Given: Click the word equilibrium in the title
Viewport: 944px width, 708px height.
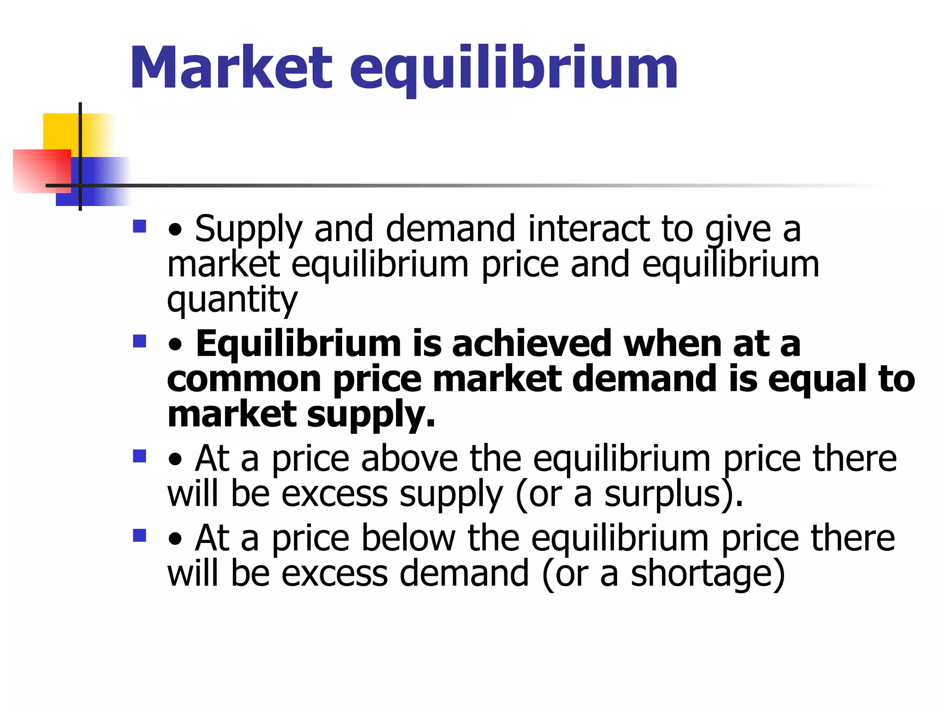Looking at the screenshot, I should tap(513, 69).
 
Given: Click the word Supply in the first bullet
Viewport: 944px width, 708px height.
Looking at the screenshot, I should tap(248, 230).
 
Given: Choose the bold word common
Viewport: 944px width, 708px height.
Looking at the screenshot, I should tap(244, 379).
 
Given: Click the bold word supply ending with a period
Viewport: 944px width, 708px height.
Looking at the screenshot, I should tap(371, 415).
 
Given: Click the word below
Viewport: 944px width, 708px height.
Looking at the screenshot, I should tap(408, 538).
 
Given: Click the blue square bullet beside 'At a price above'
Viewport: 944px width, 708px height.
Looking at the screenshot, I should tap(139, 456).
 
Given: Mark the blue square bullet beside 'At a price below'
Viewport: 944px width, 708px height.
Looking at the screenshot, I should tap(139, 535).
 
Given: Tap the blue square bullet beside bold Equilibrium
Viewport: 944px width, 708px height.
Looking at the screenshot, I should tap(139, 341).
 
